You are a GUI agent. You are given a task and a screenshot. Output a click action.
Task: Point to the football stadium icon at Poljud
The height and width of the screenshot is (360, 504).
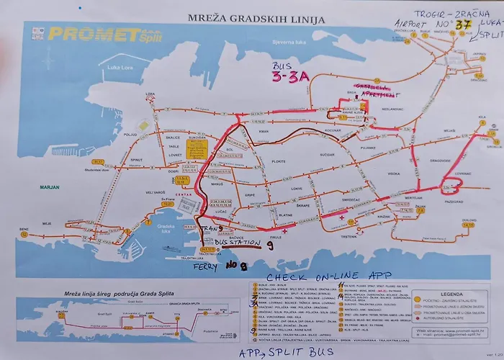click(x=143, y=126)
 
